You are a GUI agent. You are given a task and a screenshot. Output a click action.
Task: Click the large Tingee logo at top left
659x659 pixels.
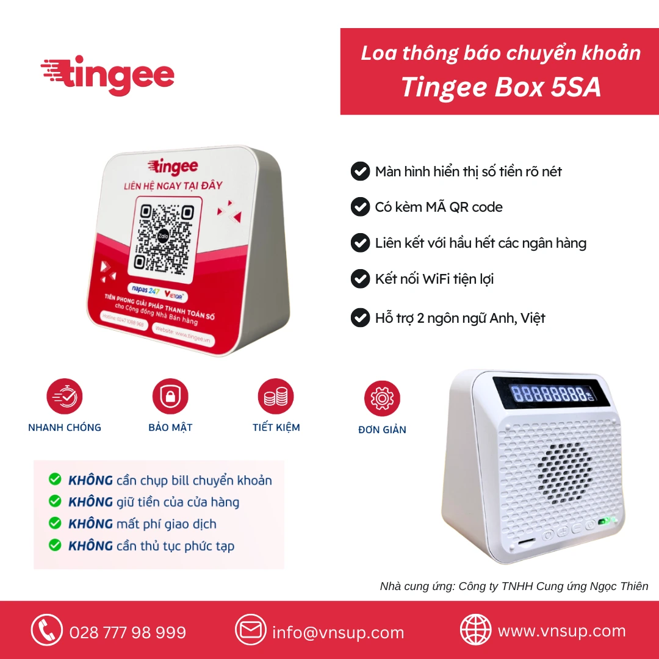108,75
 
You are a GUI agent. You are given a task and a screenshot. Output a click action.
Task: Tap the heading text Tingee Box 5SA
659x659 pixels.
500,88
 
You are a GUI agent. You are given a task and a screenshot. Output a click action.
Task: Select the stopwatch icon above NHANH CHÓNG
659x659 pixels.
65,397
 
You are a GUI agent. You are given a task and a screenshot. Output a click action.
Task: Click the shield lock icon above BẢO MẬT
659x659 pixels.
170,397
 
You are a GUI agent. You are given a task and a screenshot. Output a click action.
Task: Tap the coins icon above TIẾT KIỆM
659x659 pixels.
276,397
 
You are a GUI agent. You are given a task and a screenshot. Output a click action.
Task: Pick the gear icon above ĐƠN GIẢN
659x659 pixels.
382,398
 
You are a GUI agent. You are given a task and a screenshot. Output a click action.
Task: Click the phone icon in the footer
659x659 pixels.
47,630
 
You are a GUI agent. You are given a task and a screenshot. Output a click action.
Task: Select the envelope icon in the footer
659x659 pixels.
251,630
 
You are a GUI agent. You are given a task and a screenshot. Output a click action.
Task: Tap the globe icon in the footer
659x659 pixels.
475,630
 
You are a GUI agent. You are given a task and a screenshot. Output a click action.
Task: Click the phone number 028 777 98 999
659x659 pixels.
128,633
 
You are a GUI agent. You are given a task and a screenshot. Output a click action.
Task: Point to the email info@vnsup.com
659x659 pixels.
338,633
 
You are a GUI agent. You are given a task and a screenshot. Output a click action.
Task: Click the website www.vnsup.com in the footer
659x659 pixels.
562,631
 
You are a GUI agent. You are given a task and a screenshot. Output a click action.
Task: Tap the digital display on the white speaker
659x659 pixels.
553,393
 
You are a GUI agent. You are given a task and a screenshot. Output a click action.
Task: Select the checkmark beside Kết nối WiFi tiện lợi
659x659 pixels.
360,279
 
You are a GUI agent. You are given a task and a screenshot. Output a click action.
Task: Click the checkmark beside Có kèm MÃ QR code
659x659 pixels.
360,207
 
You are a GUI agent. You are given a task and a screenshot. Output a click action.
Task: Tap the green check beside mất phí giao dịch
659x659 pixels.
55,524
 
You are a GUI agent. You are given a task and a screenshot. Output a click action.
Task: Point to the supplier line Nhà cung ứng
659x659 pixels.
514,586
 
